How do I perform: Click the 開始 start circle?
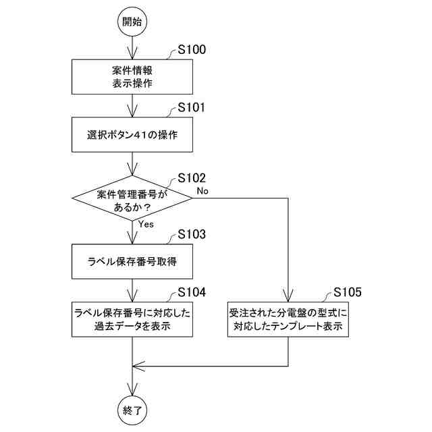point(132,22)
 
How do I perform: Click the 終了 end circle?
point(132,410)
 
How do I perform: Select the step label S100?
point(192,49)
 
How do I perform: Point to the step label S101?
point(192,107)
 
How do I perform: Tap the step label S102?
point(192,178)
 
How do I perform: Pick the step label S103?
point(192,234)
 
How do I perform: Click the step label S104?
point(192,292)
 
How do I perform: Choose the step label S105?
point(348,292)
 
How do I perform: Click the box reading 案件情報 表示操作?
point(132,77)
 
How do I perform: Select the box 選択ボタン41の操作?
point(132,135)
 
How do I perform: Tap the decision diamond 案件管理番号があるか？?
point(132,198)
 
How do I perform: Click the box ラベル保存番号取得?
point(132,261)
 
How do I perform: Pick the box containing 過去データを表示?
point(132,319)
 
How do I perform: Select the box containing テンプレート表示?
point(288,319)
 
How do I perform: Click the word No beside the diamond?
point(202,190)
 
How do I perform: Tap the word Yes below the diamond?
point(146,224)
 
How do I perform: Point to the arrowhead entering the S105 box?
point(288,296)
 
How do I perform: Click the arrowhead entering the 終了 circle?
point(132,389)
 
